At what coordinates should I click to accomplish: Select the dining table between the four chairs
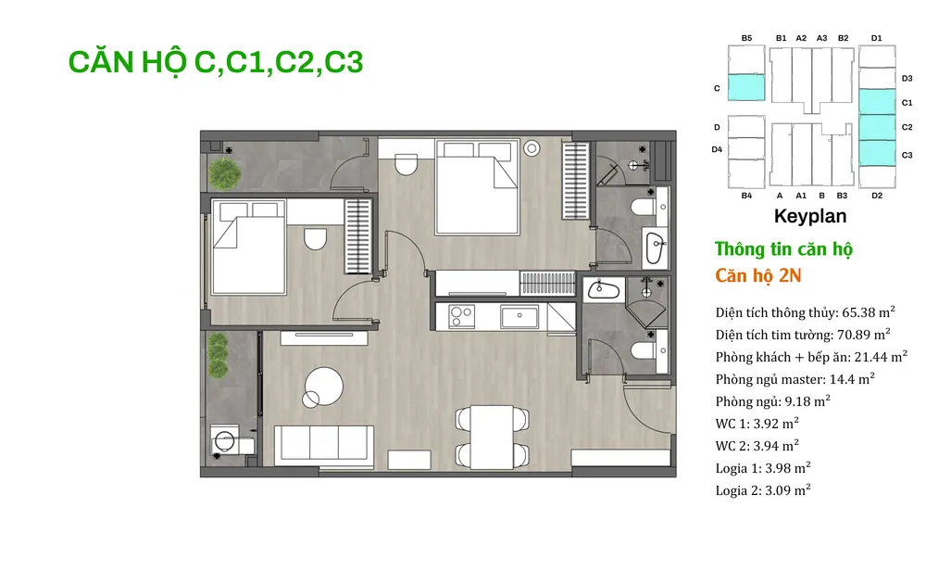click(x=492, y=437)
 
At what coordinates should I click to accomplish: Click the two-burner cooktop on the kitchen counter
click(x=462, y=316)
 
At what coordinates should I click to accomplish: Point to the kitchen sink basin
click(x=519, y=317)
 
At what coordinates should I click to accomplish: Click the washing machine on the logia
click(x=225, y=439)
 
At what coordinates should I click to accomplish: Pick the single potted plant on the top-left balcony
click(x=224, y=173)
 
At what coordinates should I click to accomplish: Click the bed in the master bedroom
click(x=477, y=187)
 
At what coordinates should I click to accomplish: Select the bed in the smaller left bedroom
click(x=248, y=247)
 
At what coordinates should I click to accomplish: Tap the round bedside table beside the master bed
click(x=532, y=148)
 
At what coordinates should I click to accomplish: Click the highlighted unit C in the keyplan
click(x=745, y=87)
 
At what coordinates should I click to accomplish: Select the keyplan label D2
click(x=877, y=196)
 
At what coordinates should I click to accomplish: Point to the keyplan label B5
click(x=746, y=38)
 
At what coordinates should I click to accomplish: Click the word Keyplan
click(x=810, y=216)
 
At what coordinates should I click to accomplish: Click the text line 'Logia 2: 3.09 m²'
click(x=763, y=490)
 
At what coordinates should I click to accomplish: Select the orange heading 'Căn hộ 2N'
click(x=758, y=275)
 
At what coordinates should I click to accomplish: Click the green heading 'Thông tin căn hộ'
click(x=783, y=249)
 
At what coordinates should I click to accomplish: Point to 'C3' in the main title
click(x=344, y=62)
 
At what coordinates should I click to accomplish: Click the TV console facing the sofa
click(x=324, y=337)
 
